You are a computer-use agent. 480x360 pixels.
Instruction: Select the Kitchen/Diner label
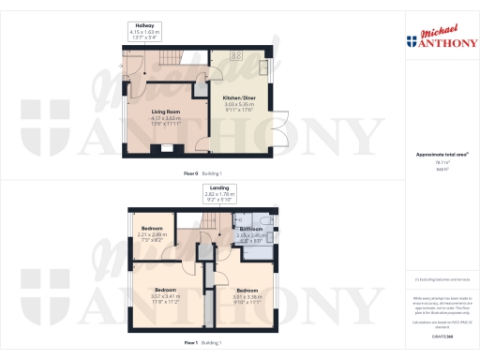click(239, 97)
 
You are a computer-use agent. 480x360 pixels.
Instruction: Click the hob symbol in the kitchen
click(233, 55)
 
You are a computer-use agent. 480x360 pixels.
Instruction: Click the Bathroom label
click(250, 229)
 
